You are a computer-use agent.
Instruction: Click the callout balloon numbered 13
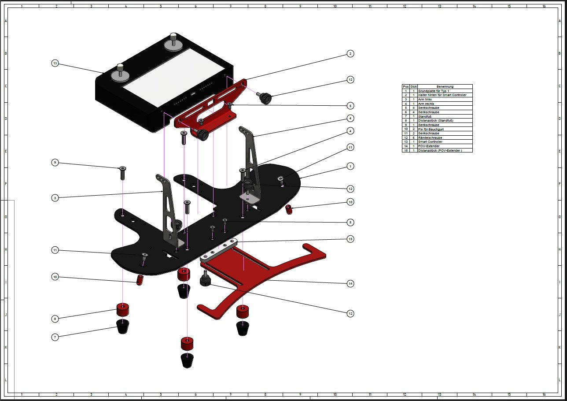point(55,63)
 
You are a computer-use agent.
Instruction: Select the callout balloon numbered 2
point(350,54)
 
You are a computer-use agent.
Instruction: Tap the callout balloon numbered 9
point(55,163)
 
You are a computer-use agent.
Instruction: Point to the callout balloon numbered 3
point(55,198)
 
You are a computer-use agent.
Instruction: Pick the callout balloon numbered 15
point(350,239)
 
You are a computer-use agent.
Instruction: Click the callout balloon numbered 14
point(350,283)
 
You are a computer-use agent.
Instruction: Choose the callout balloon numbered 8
point(55,318)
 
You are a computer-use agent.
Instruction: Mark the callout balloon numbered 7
point(55,337)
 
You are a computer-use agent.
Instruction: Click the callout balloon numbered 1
point(350,166)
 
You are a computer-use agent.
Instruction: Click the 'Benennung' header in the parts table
point(445,86)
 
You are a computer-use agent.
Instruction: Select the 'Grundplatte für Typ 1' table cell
point(434,91)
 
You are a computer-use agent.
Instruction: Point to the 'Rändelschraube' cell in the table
point(430,137)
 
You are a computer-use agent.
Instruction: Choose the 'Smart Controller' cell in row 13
point(430,142)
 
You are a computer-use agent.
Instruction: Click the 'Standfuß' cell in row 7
point(425,116)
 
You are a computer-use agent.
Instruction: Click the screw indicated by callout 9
point(122,173)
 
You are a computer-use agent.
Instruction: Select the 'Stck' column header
point(413,86)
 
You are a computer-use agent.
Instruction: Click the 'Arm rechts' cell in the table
point(426,104)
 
